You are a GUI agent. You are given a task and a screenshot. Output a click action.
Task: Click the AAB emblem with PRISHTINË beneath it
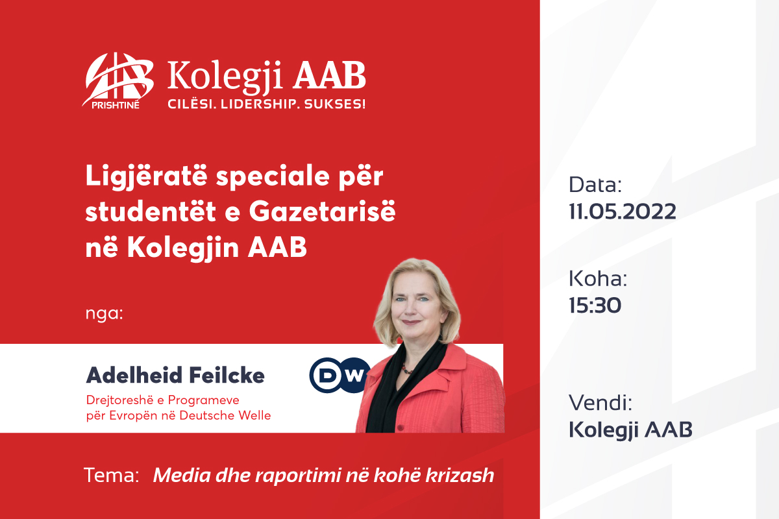(x=117, y=80)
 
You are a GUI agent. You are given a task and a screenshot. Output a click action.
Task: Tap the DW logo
(x=339, y=375)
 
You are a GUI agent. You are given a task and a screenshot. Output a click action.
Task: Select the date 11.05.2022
(x=623, y=211)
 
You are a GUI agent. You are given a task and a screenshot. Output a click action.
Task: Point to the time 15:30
(x=595, y=305)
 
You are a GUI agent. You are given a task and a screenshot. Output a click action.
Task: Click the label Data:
(x=595, y=185)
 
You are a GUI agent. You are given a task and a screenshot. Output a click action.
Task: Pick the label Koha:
(x=598, y=279)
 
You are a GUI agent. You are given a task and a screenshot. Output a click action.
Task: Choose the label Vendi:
(x=600, y=402)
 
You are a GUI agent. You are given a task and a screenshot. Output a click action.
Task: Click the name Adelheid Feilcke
(x=175, y=376)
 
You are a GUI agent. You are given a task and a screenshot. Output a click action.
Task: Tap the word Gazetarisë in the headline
(x=323, y=211)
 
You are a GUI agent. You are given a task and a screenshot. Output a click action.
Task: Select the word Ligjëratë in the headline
(x=147, y=176)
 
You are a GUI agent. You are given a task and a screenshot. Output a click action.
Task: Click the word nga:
(x=105, y=313)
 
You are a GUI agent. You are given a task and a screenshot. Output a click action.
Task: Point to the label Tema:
(x=111, y=475)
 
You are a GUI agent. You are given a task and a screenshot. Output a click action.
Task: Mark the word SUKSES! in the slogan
(x=334, y=104)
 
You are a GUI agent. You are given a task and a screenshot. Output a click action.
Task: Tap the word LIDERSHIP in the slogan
(x=259, y=104)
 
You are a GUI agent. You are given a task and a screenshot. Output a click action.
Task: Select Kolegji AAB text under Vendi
(x=630, y=430)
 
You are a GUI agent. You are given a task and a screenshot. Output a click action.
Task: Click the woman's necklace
(x=407, y=369)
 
